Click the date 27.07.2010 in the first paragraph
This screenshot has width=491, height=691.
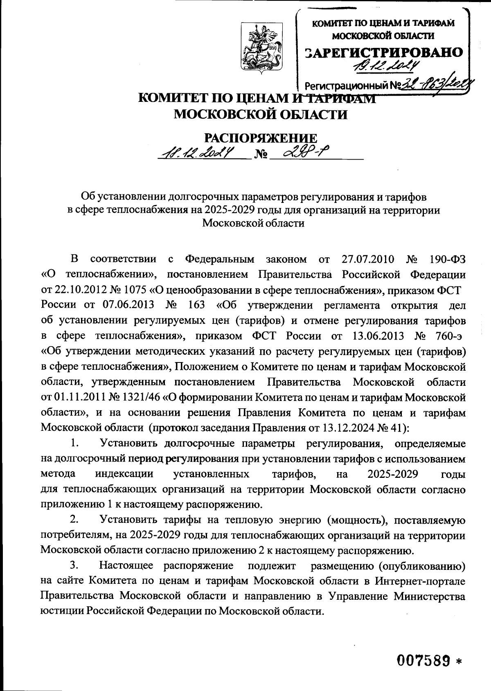coord(367,259)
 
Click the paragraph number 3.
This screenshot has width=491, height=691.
coord(74,566)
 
